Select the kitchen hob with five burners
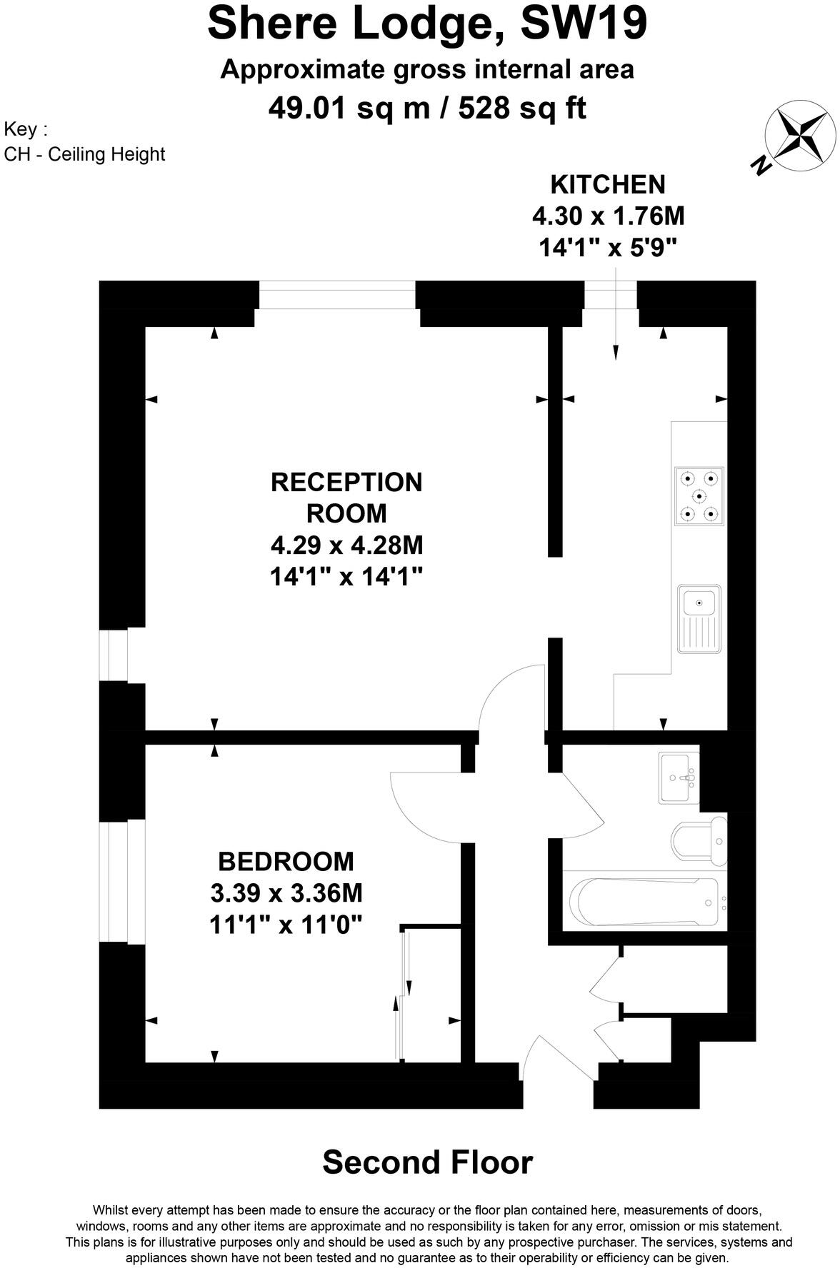[699, 496]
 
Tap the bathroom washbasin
[679, 778]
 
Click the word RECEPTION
[346, 483]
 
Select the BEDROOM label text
[286, 862]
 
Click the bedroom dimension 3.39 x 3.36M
[286, 893]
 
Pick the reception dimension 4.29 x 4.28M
[346, 545]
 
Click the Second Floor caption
[427, 1162]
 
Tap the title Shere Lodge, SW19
[427, 23]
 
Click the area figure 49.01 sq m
[349, 109]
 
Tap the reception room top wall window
[336, 295]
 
